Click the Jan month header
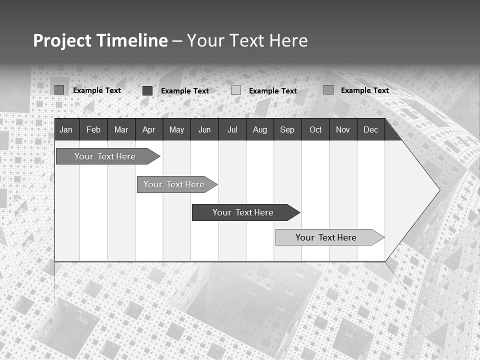point(66,130)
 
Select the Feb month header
point(93,130)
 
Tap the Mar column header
point(121,130)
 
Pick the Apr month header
point(148,130)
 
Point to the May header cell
point(176,130)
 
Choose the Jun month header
point(204,130)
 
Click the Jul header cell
point(232,130)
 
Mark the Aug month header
point(260,130)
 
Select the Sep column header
point(287,130)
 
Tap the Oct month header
point(315,130)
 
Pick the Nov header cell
point(343,130)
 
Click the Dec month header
point(371,130)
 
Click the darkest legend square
point(147,90)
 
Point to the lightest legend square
point(236,90)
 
